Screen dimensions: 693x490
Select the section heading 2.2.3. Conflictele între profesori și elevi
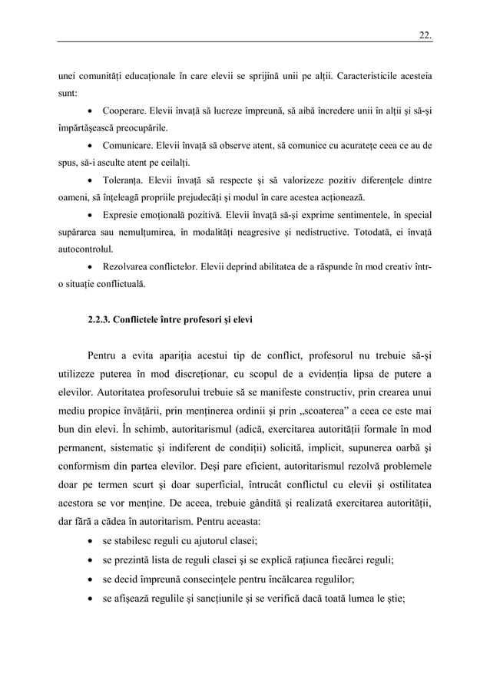pos(171,322)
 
